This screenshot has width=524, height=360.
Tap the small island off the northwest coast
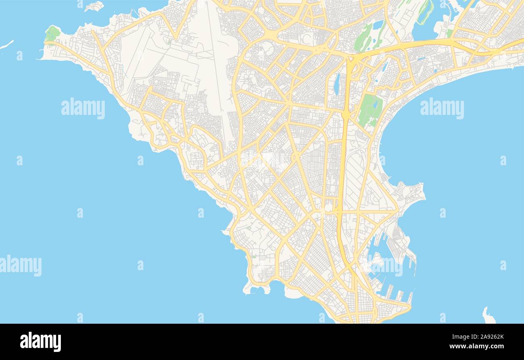(94, 6)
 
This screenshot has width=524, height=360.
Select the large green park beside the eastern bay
(370, 110)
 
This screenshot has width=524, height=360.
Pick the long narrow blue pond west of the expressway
(336, 84)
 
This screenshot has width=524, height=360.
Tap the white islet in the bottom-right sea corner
(488, 316)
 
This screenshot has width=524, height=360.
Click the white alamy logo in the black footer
(40, 341)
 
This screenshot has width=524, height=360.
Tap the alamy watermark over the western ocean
(83, 108)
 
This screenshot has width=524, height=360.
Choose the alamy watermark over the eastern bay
(442, 108)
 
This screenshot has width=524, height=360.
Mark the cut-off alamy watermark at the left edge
(20, 266)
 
